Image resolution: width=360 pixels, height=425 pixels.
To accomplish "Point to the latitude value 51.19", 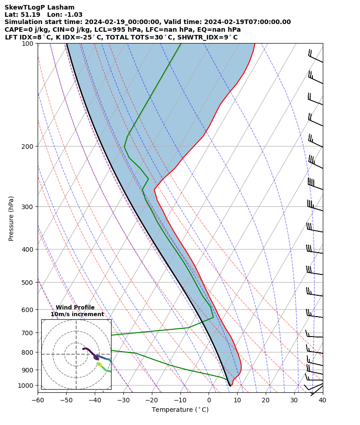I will pos(29,15).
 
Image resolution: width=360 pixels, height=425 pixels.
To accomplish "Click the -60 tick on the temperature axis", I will pos(38,400).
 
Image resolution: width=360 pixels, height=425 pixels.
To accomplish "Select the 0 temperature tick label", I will pos(209,400).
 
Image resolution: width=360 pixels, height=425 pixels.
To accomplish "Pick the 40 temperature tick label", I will pos(322,400).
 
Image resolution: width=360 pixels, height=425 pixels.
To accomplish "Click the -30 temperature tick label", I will pos(123,400).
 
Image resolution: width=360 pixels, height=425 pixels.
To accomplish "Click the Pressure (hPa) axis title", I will pos(11,218).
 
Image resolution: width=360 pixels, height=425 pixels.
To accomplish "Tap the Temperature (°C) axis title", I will pos(180,410).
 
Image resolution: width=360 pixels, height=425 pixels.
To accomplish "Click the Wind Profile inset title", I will pos(75,308).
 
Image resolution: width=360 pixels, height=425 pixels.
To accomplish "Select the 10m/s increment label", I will pos(77,314).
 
